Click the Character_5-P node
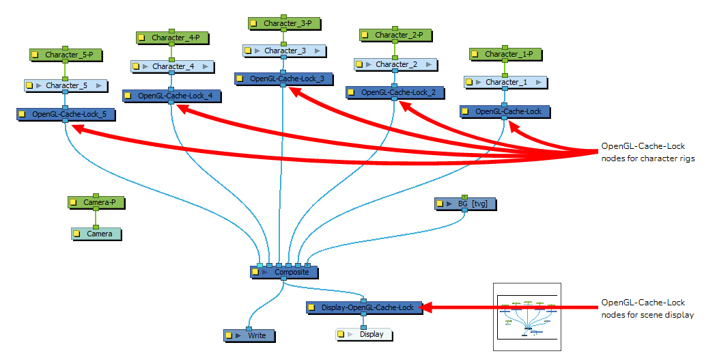(64, 54)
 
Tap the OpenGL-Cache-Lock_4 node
(171, 96)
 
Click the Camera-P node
(96, 202)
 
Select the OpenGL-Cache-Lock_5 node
(65, 114)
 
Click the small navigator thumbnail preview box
(527, 317)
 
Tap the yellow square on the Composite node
(255, 273)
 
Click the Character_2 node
(394, 64)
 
